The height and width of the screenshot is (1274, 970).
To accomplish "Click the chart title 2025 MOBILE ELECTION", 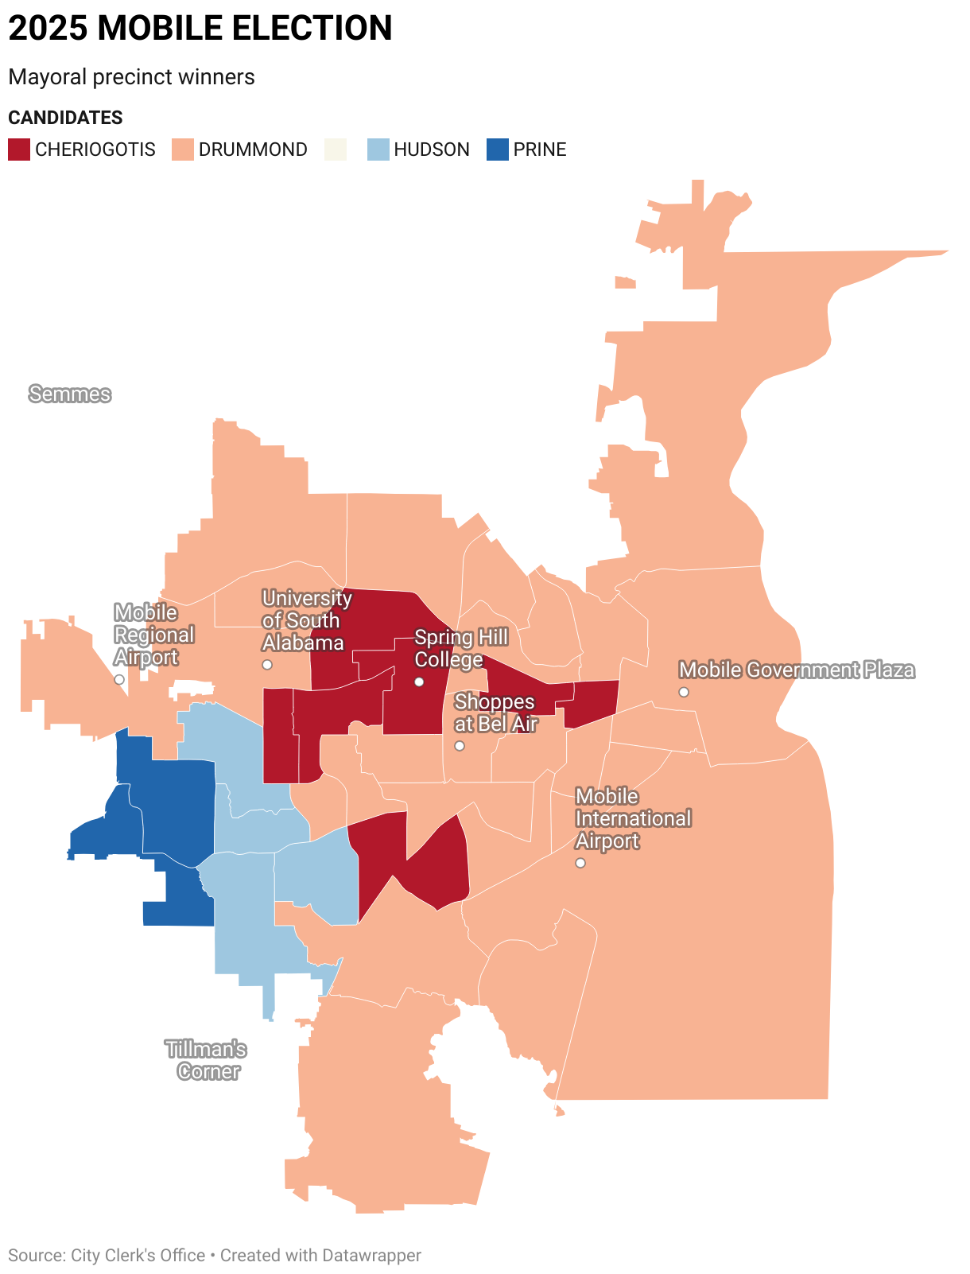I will point(200,29).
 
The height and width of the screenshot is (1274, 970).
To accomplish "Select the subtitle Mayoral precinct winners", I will point(131,77).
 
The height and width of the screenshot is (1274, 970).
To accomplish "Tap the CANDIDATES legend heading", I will point(65,118).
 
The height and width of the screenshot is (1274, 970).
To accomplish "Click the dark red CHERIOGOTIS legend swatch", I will point(19,150).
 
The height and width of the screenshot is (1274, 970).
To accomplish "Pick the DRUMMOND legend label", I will point(253,150).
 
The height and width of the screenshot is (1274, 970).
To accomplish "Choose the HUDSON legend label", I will point(432,150).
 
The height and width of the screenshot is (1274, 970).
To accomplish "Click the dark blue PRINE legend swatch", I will point(497,150).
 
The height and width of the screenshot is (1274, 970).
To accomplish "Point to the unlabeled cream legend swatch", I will point(336,150).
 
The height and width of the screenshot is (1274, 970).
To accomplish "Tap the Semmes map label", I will point(70,394).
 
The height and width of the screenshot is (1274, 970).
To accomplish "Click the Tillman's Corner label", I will point(207,1060).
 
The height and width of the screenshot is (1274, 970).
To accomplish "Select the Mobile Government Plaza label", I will point(796,670).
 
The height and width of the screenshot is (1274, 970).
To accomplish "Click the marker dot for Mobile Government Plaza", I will point(684,692).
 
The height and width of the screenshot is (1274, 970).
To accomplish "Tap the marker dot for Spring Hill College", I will point(419,682).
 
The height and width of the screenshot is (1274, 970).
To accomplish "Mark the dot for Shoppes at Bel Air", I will point(460,746).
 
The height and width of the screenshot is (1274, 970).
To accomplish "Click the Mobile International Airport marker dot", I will point(580,863).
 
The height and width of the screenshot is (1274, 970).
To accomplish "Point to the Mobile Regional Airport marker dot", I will point(119,679).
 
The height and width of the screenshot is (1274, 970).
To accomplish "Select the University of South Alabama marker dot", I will point(267,664).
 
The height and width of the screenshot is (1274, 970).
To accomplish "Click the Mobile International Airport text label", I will point(633,818).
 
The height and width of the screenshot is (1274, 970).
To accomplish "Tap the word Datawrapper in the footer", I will point(371,1255).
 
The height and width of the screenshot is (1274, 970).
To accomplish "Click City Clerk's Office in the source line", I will point(138,1255).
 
